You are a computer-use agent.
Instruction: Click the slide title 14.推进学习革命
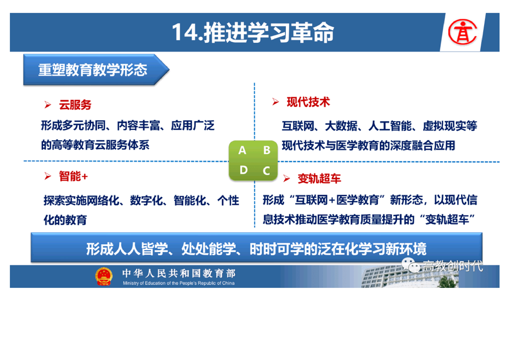coord(253,33)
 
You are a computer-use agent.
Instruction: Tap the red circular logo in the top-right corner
coord(462,32)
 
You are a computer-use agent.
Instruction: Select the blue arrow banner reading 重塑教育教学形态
coord(96,70)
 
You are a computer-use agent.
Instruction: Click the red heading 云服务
coord(75,105)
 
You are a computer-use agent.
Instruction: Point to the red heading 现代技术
coord(308,102)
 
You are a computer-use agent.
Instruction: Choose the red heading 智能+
coord(73,177)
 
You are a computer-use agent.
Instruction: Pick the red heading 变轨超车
coord(319,178)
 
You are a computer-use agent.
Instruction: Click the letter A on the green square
coord(242,150)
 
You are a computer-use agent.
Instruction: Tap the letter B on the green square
coord(267,150)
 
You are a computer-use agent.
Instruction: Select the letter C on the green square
coord(266,171)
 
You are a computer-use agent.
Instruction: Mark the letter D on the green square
coord(244,170)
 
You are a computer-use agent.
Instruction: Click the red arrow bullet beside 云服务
coord(48,104)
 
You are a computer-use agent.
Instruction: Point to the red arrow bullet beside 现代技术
coord(276,102)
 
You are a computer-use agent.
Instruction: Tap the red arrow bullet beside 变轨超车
coord(286,178)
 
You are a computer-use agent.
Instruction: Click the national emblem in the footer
coord(103,276)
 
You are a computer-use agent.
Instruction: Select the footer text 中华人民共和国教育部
coord(179,273)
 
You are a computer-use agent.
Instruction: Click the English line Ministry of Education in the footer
coord(179,283)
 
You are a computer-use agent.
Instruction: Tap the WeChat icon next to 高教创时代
coord(411,265)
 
